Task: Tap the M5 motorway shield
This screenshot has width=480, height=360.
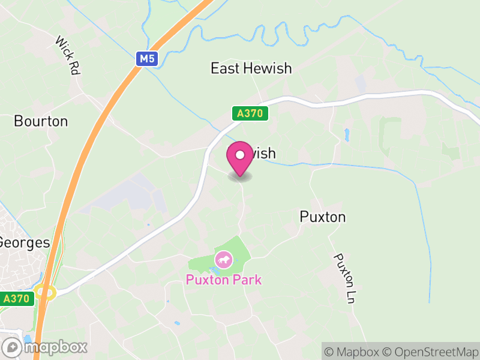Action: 145,58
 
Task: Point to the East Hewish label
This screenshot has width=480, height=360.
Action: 251,68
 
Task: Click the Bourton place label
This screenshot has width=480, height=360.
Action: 41,121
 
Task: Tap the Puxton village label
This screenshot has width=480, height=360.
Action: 323,217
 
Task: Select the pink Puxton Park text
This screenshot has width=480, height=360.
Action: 224,280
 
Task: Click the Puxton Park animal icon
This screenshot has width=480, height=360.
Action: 224,260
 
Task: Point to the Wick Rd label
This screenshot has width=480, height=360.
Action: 68,55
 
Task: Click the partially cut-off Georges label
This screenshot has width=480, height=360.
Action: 25,243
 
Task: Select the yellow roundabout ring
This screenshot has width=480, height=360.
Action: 45,293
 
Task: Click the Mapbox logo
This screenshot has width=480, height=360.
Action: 45,347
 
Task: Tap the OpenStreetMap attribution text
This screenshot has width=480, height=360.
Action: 432,352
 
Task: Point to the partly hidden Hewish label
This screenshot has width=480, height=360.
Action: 264,154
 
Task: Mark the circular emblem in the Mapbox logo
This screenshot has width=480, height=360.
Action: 11,347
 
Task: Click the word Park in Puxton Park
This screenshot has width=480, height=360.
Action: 248,280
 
